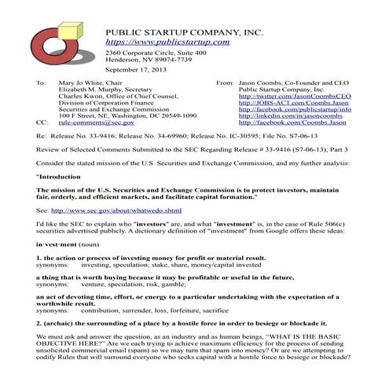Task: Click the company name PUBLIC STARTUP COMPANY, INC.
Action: [185, 30]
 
